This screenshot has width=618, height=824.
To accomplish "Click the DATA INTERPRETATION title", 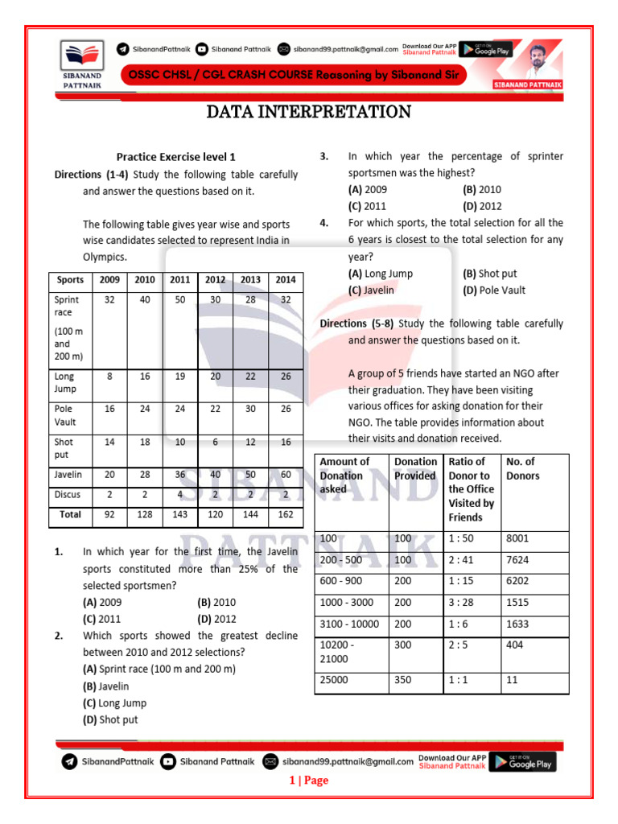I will point(308,112).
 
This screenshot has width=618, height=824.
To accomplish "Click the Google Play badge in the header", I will point(487,49).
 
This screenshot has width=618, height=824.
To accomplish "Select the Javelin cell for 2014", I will point(286,475).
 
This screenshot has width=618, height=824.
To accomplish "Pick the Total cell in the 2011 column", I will point(180,513).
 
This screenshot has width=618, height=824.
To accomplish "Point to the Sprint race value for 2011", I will point(180,299).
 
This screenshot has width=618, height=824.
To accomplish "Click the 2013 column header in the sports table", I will point(250,280).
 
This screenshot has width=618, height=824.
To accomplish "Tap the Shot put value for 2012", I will point(215,442).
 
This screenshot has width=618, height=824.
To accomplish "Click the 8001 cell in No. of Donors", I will point(517,538).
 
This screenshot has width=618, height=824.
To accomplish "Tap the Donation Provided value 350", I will point(404,679).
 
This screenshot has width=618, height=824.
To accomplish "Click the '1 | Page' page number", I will point(309,781).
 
